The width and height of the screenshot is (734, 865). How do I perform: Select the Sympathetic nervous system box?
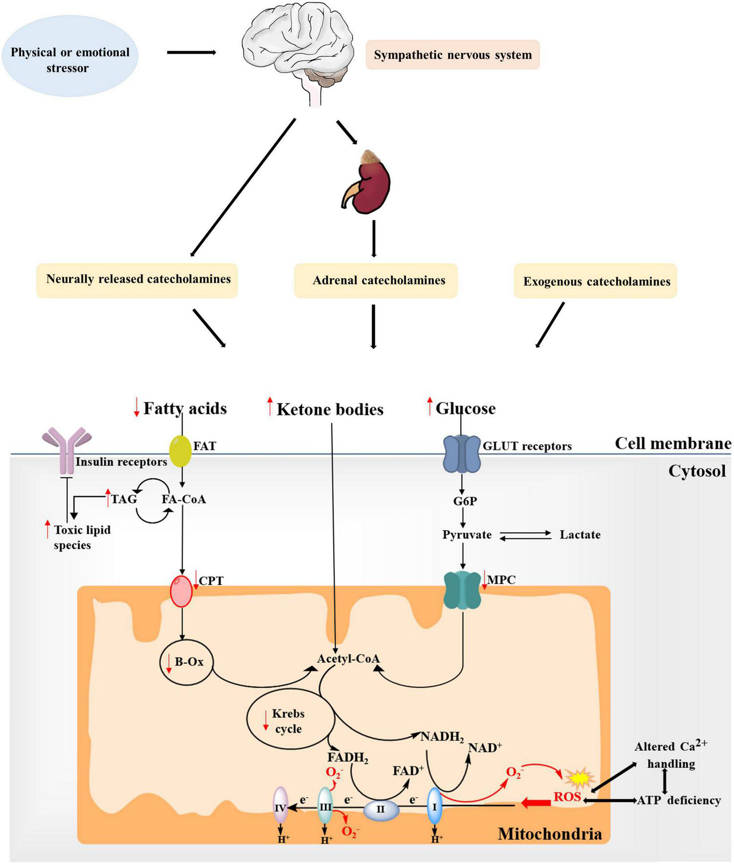[453, 55]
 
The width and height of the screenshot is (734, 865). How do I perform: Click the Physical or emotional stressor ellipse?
[70, 60]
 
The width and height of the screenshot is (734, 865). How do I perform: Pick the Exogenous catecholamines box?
[596, 281]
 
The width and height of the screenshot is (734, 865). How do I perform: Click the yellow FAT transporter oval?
[180, 452]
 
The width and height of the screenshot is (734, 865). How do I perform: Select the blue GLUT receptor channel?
[461, 454]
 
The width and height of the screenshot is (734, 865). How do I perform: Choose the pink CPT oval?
[181, 591]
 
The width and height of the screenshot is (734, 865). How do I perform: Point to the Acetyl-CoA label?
[348, 659]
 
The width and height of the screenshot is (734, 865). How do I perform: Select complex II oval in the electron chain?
[381, 809]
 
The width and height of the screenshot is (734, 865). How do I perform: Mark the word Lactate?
[580, 535]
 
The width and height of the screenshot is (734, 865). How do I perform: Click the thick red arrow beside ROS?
[536, 803]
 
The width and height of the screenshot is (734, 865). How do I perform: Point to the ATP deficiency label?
[679, 800]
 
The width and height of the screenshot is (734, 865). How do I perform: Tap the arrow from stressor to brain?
[191, 52]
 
